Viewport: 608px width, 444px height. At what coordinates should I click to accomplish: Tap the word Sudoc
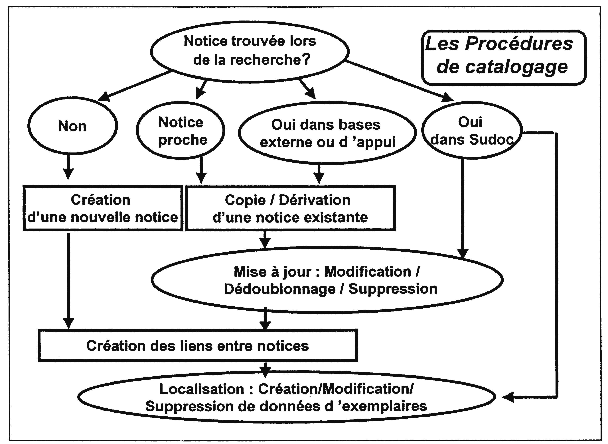click(492, 139)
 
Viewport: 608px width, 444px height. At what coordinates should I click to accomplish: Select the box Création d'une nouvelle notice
click(103, 208)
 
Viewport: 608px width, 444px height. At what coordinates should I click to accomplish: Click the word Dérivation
click(315, 200)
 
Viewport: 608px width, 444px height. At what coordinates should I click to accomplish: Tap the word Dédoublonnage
click(280, 289)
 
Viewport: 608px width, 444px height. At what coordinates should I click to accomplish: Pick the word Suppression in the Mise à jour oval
click(393, 289)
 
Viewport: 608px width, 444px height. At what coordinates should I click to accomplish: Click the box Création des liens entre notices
click(198, 345)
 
